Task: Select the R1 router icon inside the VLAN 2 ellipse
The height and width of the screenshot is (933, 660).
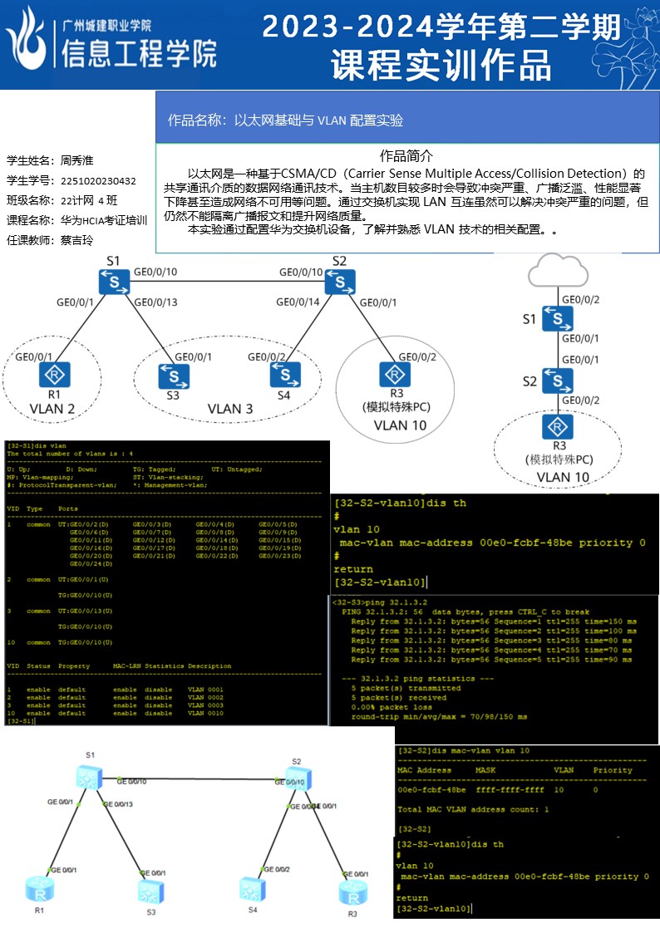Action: [55, 376]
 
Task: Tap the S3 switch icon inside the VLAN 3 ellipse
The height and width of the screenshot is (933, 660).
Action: [172, 376]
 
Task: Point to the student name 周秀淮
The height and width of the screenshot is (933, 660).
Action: [77, 160]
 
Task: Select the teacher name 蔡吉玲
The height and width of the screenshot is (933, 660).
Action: [77, 240]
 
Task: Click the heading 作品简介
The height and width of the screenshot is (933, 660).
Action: [406, 156]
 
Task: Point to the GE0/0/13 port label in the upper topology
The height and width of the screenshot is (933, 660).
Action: [155, 302]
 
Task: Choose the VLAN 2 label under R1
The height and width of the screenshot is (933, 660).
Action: [52, 409]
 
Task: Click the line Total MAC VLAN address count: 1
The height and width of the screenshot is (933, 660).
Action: [473, 808]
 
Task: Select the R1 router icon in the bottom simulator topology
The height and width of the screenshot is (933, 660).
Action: [38, 892]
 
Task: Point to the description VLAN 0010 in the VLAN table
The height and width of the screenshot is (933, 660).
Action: [205, 714]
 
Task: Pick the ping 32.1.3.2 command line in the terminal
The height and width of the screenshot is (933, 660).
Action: [379, 602]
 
